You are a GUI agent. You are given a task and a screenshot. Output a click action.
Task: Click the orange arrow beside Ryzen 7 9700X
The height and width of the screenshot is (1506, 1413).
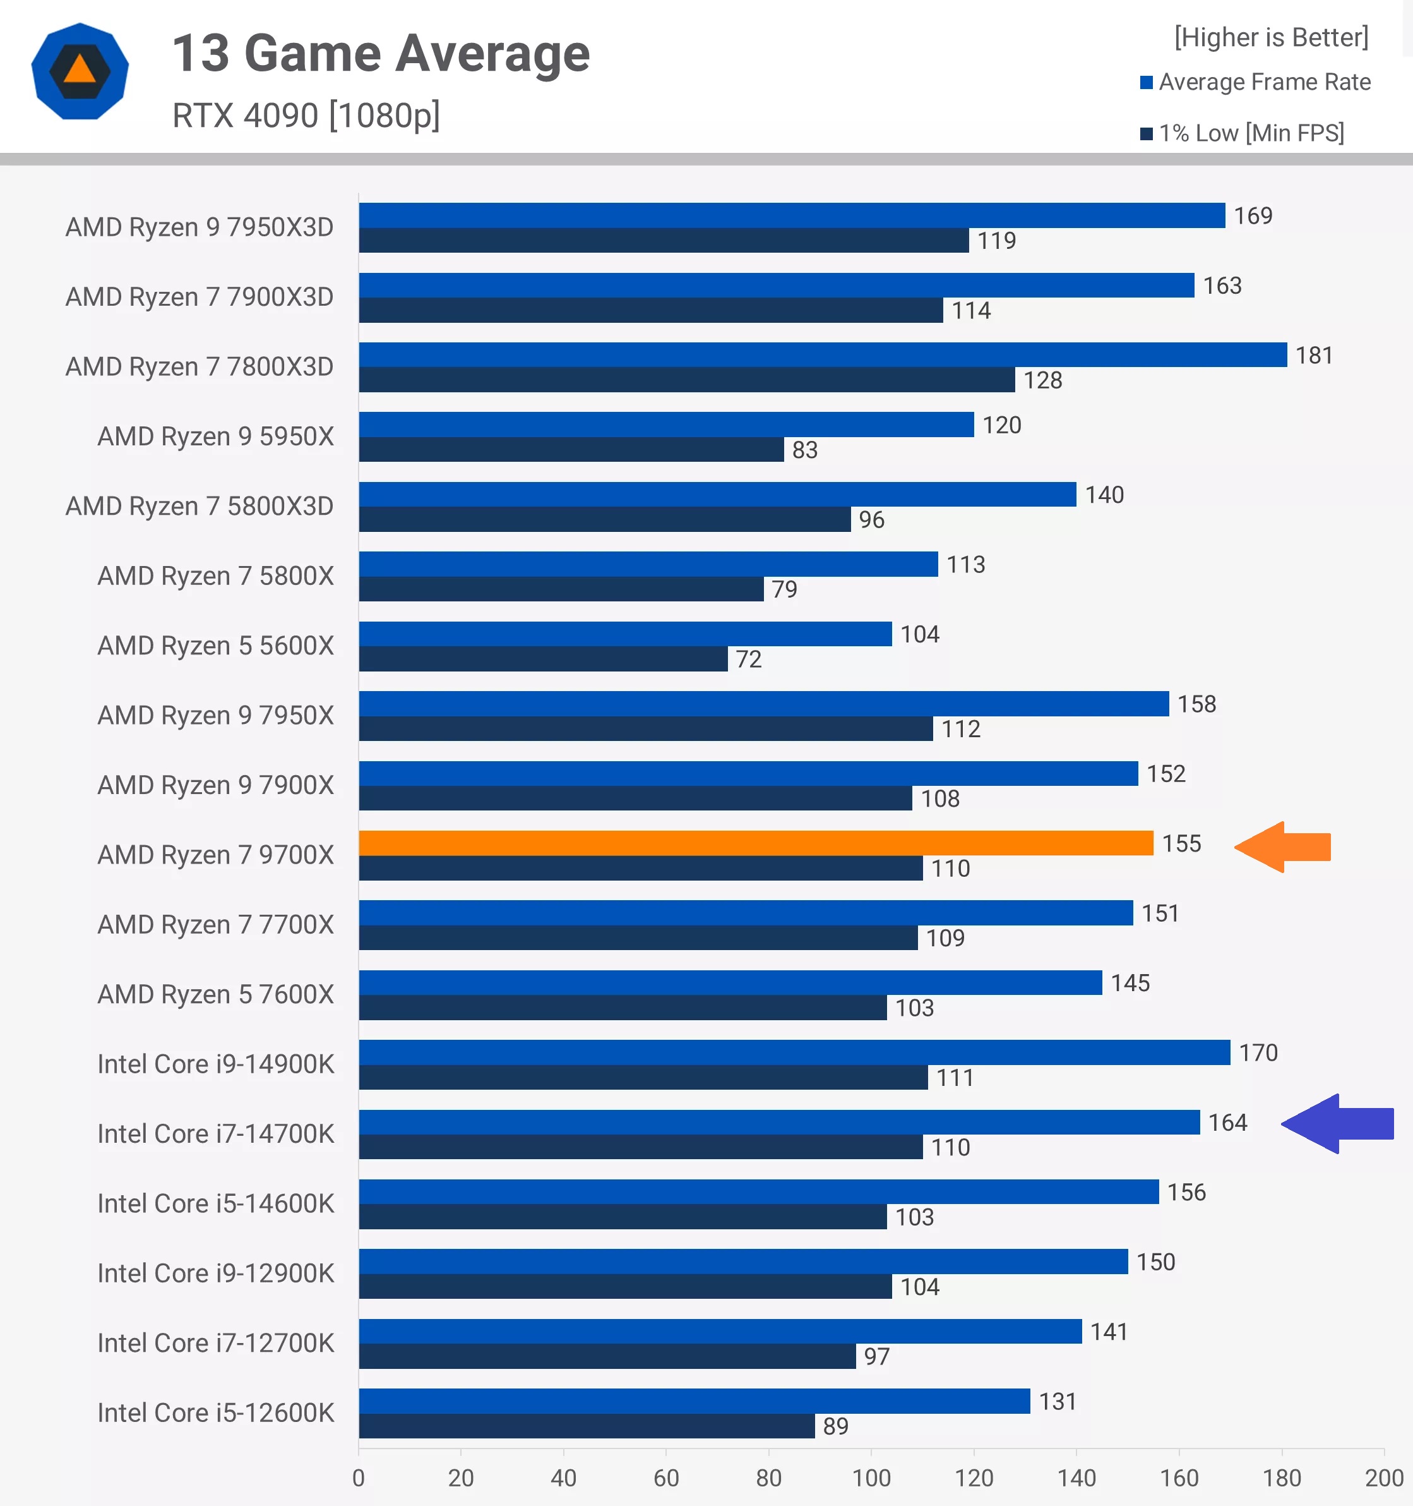(x=1284, y=847)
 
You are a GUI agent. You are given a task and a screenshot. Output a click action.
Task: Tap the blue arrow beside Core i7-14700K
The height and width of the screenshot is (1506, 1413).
(x=1338, y=1123)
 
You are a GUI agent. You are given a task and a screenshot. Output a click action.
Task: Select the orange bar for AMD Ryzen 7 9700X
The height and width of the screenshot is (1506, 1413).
(x=755, y=843)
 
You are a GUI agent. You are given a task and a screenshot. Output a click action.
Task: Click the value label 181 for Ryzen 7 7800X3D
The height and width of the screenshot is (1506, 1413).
(x=1314, y=355)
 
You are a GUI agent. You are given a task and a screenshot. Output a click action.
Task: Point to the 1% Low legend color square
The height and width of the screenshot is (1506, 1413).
(x=1147, y=134)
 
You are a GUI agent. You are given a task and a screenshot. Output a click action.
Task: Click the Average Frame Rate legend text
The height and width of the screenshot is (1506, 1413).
(x=1265, y=82)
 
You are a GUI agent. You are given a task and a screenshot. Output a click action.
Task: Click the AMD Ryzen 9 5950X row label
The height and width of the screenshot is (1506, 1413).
(x=215, y=437)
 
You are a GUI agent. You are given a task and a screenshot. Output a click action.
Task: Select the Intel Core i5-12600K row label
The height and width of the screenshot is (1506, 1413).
(x=215, y=1413)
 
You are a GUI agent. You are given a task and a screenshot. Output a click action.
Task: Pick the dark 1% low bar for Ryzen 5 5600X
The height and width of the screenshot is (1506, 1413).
(x=543, y=659)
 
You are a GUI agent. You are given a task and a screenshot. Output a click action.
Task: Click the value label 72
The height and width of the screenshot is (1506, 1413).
(x=748, y=659)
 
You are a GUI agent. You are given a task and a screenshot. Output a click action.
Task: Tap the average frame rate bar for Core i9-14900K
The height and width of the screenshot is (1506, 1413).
(x=794, y=1052)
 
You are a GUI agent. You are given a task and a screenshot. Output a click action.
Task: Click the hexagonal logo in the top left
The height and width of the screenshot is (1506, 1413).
(x=80, y=71)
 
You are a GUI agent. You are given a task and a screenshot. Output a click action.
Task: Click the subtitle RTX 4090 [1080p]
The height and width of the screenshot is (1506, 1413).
(x=306, y=116)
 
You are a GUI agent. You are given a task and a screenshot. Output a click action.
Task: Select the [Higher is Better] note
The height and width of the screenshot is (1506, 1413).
(x=1271, y=37)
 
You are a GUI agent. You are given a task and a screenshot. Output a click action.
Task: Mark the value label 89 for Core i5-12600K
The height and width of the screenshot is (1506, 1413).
(x=835, y=1426)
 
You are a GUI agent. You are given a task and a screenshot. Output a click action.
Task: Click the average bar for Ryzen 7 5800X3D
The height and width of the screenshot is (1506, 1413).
(x=717, y=494)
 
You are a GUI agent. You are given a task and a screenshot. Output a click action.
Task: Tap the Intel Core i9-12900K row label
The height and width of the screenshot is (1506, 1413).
(x=215, y=1274)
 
